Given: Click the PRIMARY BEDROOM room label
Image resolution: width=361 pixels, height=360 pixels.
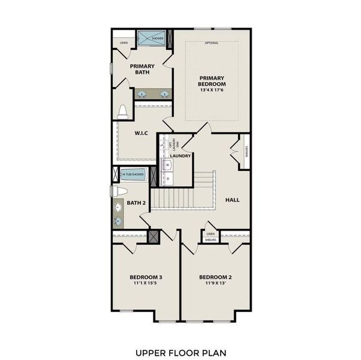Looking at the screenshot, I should tap(212, 81).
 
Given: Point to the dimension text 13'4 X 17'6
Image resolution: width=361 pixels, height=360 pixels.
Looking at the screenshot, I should tap(212, 92).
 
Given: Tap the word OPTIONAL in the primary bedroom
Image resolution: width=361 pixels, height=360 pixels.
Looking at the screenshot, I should tap(212, 43).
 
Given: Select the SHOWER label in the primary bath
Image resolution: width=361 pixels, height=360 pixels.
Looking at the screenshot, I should tap(157, 38).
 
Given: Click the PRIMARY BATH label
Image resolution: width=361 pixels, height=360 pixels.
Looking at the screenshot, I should tap(142, 70).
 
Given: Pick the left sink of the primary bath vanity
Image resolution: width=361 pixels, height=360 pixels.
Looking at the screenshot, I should tap(143, 94).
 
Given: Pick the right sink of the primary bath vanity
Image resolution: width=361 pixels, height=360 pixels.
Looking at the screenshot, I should tap(164, 94).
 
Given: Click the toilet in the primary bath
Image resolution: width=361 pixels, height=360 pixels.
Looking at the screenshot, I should tap(123, 112).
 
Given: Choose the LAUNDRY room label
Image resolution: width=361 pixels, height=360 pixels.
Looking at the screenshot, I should tap(180, 156).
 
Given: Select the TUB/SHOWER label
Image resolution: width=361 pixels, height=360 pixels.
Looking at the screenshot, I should tap(133, 175).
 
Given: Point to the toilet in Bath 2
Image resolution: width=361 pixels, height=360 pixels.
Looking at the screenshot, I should tap(119, 191).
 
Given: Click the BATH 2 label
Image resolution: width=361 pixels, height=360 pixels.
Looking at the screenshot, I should tap(136, 203).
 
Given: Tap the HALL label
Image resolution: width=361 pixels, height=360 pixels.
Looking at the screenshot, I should tap(233, 200).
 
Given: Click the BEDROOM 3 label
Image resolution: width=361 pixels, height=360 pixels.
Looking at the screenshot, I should tap(146, 277).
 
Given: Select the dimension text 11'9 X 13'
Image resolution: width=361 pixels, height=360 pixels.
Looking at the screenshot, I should tap(215, 284).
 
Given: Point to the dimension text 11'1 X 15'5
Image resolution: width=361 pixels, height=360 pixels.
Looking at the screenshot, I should tap(146, 284).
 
